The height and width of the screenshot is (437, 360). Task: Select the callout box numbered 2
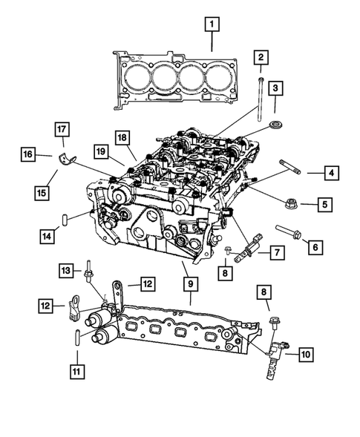pyautogui.click(x=261, y=57)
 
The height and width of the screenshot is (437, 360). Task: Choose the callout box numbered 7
pyautogui.click(x=275, y=253)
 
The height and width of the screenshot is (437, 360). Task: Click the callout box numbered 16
pyautogui.click(x=27, y=154)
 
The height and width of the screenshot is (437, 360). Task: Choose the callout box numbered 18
pyautogui.click(x=122, y=137)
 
